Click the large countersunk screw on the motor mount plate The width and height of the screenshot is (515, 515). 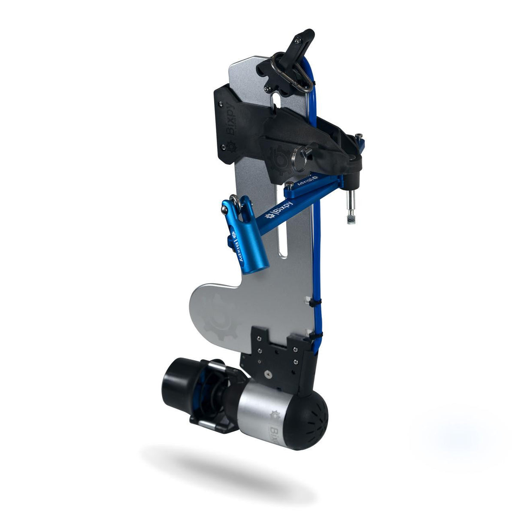pyautogui.click(x=268, y=374)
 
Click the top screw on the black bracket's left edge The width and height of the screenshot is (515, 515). pyautogui.click(x=220, y=103)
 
